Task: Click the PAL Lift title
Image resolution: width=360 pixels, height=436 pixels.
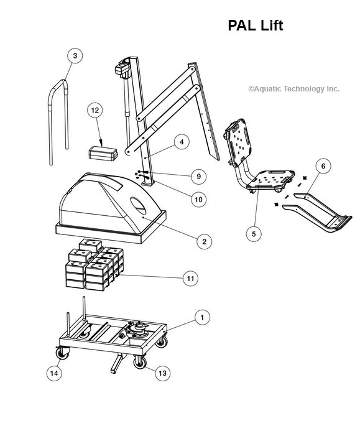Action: [256, 26]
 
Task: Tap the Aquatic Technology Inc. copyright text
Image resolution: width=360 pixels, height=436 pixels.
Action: [293, 89]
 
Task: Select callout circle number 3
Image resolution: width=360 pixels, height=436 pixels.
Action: [75, 56]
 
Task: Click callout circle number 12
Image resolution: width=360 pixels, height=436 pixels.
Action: [95, 110]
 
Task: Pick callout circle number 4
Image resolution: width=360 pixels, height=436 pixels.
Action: [181, 142]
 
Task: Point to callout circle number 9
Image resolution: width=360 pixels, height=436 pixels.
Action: [198, 177]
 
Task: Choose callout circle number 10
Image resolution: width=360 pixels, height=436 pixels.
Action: [198, 200]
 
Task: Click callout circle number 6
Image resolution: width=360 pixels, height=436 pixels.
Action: [323, 166]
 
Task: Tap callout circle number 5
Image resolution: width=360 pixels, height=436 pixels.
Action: [253, 233]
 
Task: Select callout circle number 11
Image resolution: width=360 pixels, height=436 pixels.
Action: [190, 279]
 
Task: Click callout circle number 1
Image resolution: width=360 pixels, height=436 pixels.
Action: [201, 317]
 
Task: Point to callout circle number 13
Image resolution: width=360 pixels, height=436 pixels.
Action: [162, 373]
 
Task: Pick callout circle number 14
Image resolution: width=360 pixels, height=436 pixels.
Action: [55, 373]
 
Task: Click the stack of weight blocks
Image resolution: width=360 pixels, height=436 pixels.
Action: [93, 266]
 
